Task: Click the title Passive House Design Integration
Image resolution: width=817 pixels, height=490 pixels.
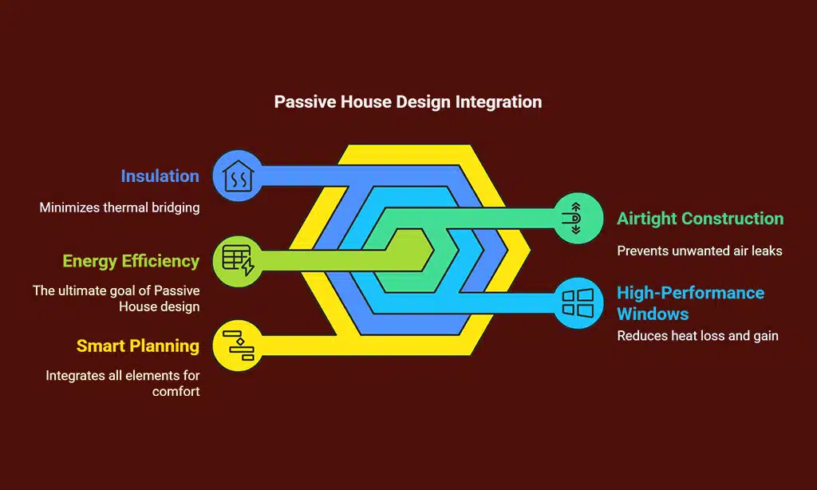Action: click(408, 102)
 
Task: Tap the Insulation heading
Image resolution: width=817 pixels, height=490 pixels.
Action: click(160, 176)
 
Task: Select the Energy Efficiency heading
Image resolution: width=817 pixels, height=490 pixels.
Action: click(131, 261)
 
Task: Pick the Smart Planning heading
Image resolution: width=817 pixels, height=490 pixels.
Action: click(138, 346)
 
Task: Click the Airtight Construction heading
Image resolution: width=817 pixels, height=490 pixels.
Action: click(700, 219)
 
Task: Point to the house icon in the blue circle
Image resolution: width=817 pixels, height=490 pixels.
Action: click(237, 176)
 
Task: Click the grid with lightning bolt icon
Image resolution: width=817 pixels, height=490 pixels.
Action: click(237, 260)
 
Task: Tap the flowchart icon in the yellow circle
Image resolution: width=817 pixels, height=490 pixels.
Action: click(237, 346)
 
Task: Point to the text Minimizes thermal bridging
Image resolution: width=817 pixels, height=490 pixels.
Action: click(120, 207)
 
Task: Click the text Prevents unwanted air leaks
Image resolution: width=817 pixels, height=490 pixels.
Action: click(700, 251)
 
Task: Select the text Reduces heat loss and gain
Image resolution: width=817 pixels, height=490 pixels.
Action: click(697, 336)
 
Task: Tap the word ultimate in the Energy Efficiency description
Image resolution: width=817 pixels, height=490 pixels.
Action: click(84, 290)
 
